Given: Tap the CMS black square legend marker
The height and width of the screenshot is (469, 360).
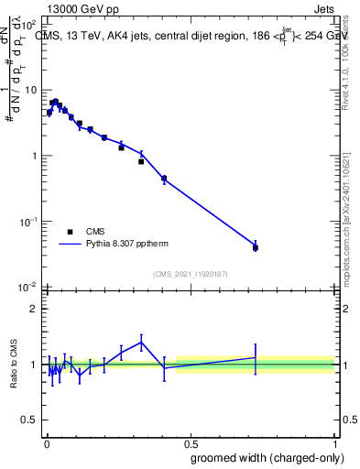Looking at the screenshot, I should (70, 232).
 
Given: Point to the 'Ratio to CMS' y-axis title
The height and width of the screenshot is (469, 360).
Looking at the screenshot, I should (14, 364).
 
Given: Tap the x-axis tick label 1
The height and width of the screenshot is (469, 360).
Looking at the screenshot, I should (335, 442).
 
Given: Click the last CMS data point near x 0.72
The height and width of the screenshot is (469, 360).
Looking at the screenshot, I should (256, 247).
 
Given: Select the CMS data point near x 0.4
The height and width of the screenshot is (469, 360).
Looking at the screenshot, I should (163, 179).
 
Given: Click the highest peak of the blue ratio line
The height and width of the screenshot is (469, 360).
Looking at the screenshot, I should (141, 342).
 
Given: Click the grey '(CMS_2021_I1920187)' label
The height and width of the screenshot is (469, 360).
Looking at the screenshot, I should (190, 274).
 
